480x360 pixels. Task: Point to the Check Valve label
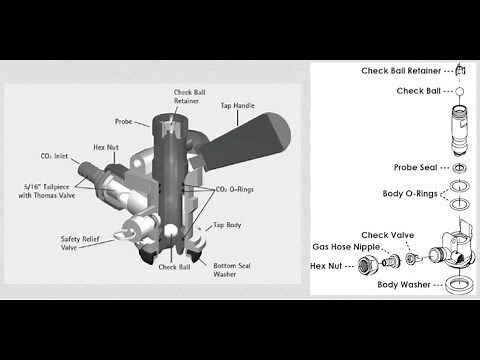pyautogui.click(x=381, y=235)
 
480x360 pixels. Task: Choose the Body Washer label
pyautogui.click(x=404, y=284)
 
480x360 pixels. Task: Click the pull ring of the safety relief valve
pyautogui.click(x=122, y=232)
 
